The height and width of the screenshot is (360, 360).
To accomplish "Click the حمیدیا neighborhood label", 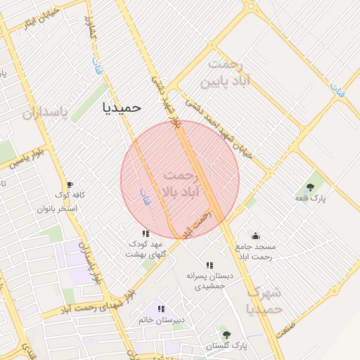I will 122,108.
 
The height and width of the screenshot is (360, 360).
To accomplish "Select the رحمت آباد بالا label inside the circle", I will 181,182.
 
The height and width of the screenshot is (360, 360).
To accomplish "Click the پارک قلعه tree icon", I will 310,187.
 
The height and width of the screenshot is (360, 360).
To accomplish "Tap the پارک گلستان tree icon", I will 226,335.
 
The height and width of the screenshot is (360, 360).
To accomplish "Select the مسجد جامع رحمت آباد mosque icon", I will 255,236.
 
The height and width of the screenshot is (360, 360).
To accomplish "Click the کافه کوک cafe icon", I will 69,185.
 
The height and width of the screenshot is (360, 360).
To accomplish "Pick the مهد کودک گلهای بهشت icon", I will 146,233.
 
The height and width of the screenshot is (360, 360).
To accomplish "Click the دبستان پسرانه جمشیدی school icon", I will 209,265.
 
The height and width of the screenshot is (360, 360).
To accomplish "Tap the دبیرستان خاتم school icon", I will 161,309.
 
